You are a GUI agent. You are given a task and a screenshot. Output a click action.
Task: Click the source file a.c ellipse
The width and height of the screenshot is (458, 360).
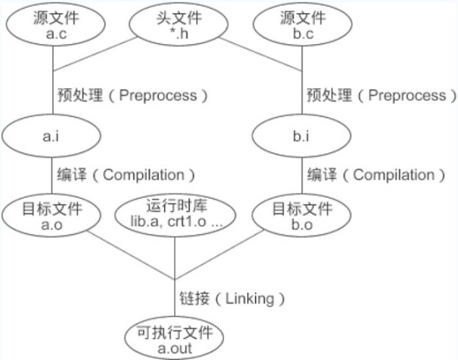tap(56, 25)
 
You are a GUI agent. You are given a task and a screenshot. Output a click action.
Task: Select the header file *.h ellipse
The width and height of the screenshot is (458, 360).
tap(179, 25)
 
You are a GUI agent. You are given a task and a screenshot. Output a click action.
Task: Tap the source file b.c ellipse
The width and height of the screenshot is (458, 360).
tap(303, 25)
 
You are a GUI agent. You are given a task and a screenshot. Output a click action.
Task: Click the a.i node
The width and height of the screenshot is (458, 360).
tap(52, 136)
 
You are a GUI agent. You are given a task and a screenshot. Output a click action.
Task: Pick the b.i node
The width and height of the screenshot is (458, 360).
tap(302, 136)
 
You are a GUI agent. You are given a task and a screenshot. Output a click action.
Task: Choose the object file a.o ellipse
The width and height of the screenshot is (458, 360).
tap(52, 216)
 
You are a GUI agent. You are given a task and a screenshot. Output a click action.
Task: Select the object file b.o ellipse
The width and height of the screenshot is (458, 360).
tap(302, 216)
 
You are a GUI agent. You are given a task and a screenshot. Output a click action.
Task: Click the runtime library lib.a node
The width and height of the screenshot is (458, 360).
tap(175, 216)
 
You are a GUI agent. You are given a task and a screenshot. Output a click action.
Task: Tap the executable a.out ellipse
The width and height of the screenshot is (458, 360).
tap(174, 338)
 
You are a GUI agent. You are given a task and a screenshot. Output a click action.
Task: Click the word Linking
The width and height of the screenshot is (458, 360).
tap(250, 299)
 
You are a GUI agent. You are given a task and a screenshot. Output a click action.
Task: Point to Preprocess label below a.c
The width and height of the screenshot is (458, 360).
tap(158, 95)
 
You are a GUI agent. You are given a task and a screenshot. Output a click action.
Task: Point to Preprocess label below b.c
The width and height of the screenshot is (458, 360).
tap(407, 95)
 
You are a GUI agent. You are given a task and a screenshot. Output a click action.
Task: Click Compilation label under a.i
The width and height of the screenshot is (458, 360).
tap(144, 175)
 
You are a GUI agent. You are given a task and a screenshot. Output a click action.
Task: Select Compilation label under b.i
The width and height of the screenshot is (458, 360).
tap(393, 175)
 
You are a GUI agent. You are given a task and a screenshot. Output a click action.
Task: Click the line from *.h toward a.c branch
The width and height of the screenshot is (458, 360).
tap(95, 54)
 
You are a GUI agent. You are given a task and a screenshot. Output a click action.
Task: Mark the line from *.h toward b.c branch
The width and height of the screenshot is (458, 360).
tap(261, 54)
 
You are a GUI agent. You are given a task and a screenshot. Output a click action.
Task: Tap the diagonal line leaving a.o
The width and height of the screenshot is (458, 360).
tap(131, 255)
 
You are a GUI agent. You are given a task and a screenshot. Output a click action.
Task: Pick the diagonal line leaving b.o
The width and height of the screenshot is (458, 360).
tap(219, 254)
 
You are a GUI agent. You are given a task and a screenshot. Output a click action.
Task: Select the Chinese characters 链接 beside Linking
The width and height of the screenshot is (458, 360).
tap(195, 299)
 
